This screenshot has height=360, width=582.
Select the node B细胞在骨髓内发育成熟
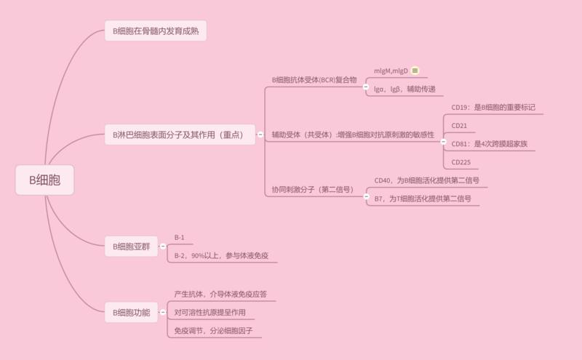tap(156, 31)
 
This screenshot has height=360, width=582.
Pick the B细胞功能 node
tap(131, 313)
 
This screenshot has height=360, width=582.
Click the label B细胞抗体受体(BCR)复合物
tap(314, 80)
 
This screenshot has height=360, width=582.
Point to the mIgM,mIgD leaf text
tap(391, 71)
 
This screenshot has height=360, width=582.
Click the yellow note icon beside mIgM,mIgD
tap(415, 71)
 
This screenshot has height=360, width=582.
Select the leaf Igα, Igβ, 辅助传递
tap(404, 89)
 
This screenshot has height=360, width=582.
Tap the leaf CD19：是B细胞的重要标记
tap(493, 108)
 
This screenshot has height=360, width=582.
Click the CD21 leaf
tap(459, 126)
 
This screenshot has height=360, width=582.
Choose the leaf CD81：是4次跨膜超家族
tap(489, 144)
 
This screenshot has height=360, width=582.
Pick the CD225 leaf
tap(461, 162)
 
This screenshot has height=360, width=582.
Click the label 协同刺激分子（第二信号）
tap(313, 189)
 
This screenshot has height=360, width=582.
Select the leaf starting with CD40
tap(426, 180)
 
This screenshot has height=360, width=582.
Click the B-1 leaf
tap(180, 237)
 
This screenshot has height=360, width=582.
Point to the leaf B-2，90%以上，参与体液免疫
tap(221, 256)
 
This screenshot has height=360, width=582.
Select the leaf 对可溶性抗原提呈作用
tap(210, 313)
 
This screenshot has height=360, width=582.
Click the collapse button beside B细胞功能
tap(162, 313)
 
